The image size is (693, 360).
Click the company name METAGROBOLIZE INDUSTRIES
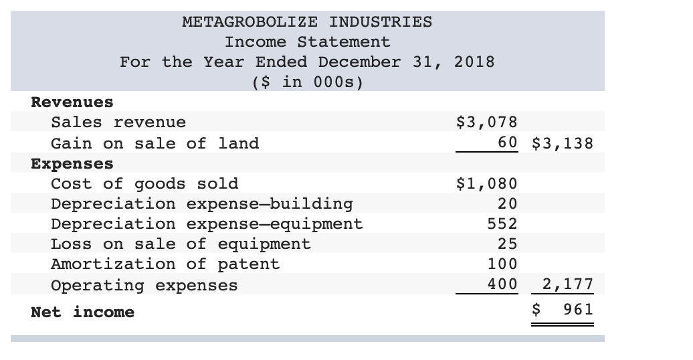(307, 21)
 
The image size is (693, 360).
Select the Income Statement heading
(307, 41)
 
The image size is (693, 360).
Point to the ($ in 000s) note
(307, 82)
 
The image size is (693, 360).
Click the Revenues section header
(72, 102)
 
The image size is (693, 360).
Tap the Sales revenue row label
(118, 122)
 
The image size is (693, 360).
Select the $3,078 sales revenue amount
(486, 122)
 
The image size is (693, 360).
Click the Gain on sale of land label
(155, 143)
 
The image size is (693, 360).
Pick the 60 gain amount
(507, 143)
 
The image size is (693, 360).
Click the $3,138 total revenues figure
(563, 143)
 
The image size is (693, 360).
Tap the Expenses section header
(72, 163)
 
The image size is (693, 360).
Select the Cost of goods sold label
(144, 183)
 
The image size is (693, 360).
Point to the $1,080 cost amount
(486, 183)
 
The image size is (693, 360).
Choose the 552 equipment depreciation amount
(502, 223)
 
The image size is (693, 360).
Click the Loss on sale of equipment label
(181, 244)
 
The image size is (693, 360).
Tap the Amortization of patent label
(165, 264)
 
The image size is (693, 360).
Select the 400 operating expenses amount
(502, 284)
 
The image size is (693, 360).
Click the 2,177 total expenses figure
(567, 284)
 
